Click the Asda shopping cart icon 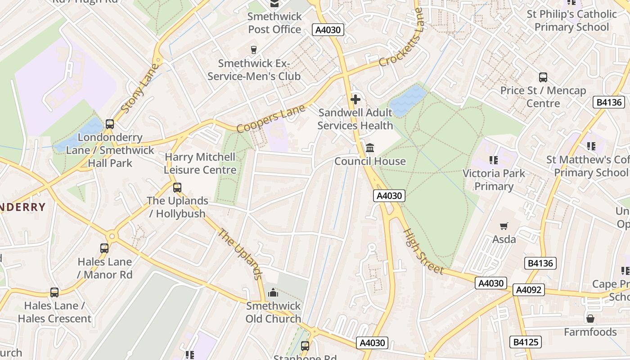click(504, 226)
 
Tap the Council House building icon click(370, 148)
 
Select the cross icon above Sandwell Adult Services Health click(355, 99)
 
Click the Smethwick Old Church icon click(273, 293)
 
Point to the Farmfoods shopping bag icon click(590, 319)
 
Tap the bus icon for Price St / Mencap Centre click(543, 77)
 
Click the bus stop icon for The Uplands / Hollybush click(177, 187)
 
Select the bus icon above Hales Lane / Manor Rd click(104, 248)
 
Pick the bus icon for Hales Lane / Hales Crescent click(54, 292)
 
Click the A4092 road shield click(529, 290)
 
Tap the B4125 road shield click(525, 342)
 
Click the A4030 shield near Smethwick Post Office click(328, 30)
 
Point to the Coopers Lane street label click(271, 119)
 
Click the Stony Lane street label click(140, 89)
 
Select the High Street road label click(423, 252)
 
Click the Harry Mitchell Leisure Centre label click(200, 163)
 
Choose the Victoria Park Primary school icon click(494, 160)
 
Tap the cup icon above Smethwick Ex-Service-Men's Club click(254, 49)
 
